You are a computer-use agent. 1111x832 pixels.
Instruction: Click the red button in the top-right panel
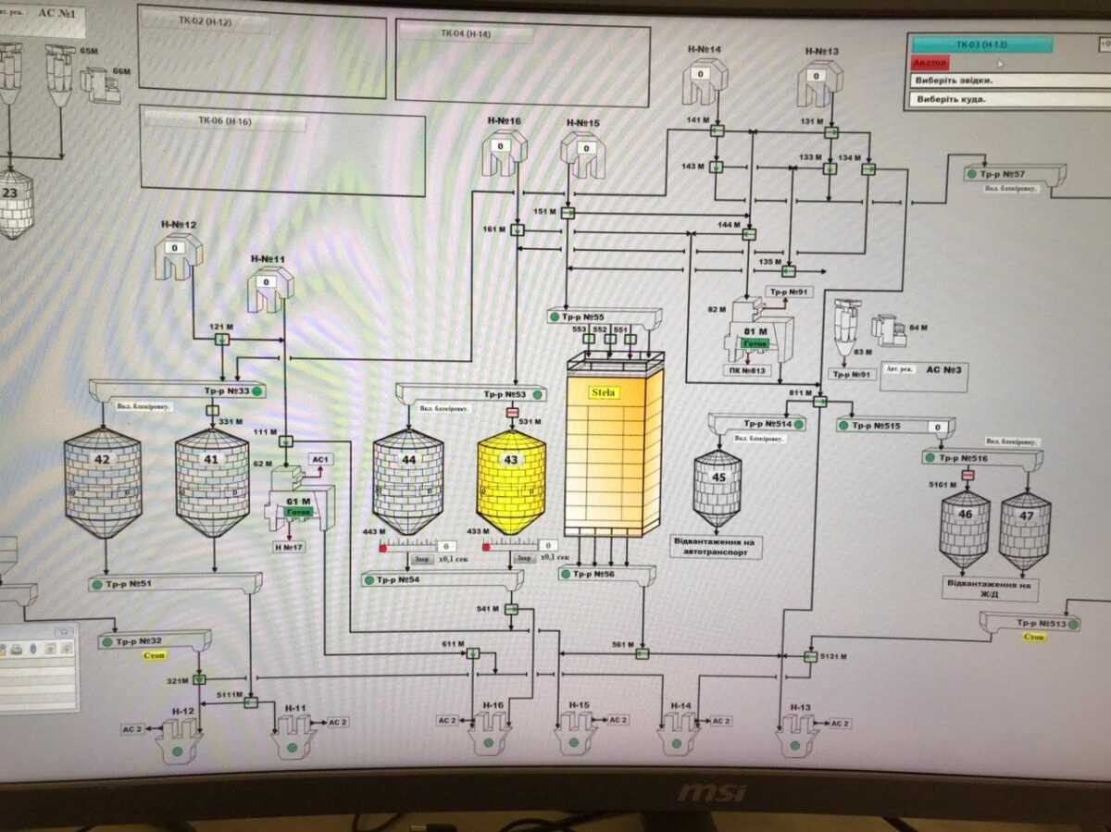coord(929,62)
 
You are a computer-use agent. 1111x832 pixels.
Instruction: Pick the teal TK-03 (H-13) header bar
coord(981,44)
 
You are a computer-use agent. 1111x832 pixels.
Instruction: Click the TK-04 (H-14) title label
coord(465,34)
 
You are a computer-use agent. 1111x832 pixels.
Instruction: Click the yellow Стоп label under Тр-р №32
coord(155,656)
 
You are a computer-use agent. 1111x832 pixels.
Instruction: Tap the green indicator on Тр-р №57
coord(970,173)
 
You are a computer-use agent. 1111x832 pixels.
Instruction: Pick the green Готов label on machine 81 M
coord(754,343)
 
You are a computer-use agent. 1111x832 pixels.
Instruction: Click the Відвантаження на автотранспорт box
coord(717,546)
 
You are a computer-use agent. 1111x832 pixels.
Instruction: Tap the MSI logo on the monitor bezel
coord(711,793)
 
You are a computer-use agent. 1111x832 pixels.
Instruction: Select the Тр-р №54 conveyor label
coord(398,580)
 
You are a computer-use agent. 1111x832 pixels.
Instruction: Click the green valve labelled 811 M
coord(820,401)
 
